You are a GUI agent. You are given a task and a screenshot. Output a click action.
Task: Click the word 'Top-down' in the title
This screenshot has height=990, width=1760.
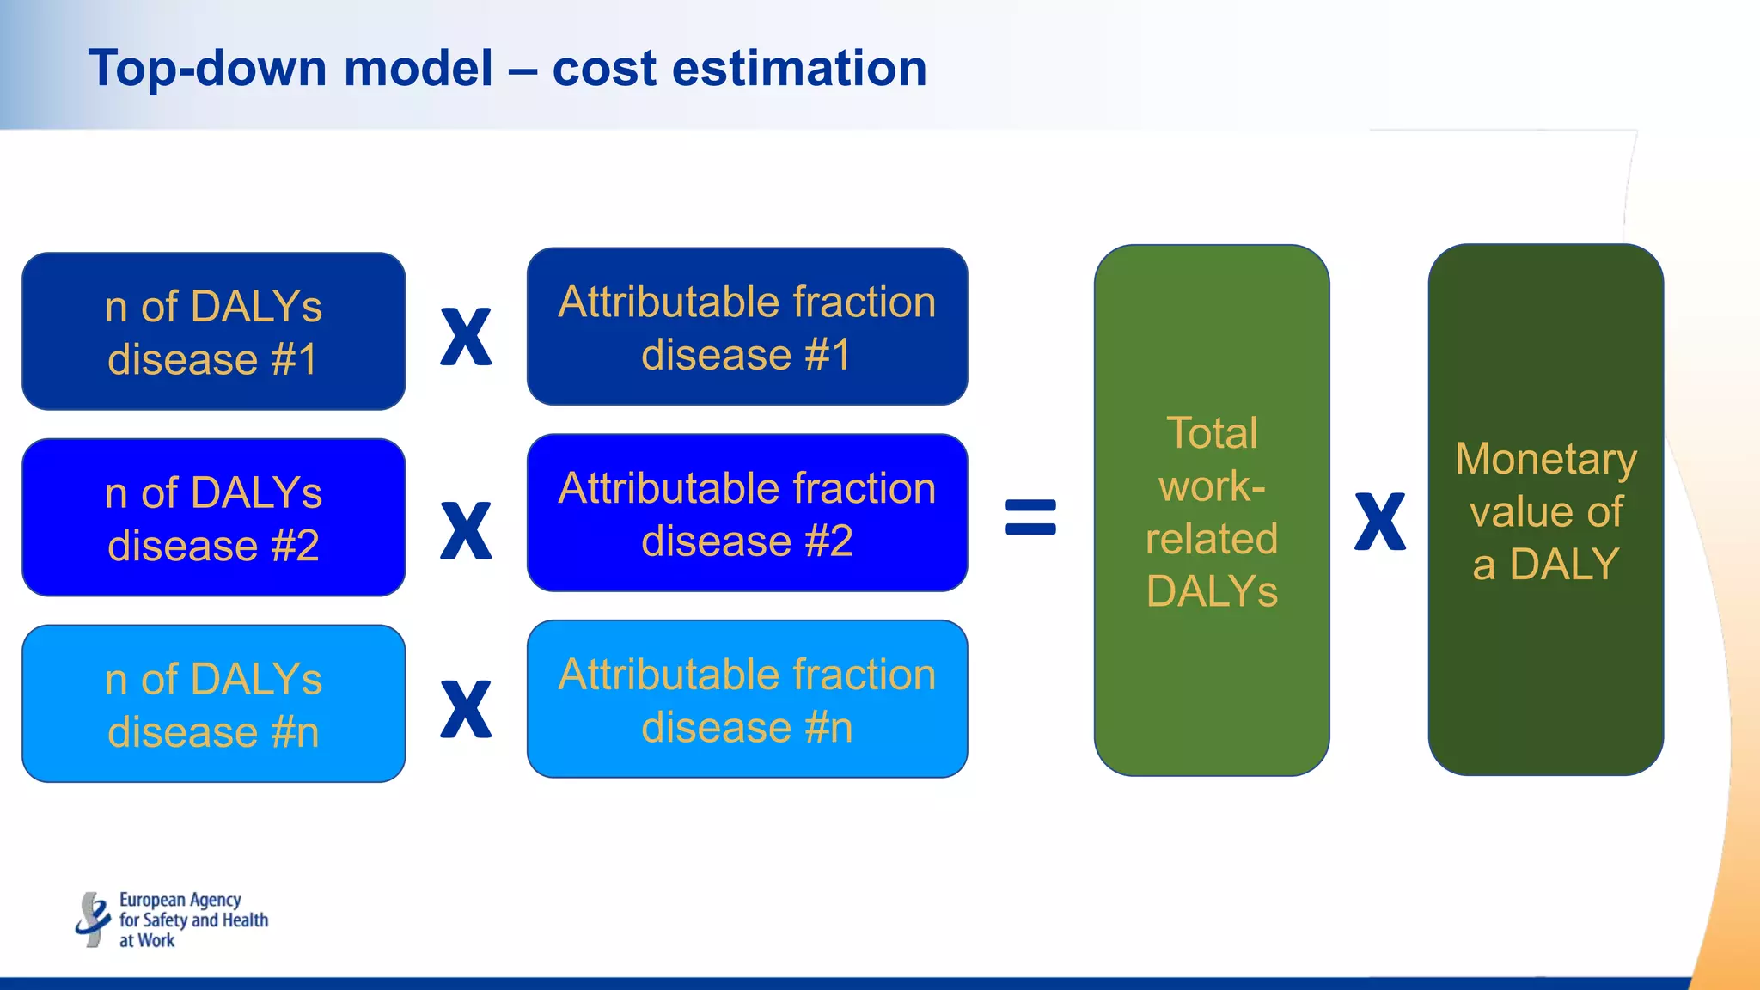(205, 69)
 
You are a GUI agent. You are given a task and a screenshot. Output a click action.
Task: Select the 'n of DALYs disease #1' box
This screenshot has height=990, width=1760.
(213, 331)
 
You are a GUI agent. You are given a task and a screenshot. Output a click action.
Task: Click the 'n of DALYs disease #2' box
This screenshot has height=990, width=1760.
(213, 517)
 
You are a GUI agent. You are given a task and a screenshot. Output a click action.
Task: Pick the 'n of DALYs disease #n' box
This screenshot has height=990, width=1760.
(213, 704)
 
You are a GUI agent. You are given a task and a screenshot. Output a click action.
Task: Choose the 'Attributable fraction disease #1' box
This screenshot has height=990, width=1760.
(747, 327)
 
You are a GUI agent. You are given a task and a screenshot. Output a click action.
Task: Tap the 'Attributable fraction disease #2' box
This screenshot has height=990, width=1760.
(747, 513)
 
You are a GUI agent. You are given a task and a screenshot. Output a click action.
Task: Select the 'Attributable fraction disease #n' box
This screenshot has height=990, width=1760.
(747, 700)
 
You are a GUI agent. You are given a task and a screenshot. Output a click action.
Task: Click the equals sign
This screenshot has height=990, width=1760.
(1030, 517)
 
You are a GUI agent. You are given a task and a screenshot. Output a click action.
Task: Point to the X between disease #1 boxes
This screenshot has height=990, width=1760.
(466, 337)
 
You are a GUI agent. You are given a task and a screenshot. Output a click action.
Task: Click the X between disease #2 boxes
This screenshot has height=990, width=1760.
(466, 531)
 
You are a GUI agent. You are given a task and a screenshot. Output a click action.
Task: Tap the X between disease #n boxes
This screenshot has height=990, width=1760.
(466, 710)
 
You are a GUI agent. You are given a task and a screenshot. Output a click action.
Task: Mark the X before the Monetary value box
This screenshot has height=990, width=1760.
(1379, 522)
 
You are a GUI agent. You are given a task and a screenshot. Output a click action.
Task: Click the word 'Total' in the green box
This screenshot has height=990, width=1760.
(1212, 433)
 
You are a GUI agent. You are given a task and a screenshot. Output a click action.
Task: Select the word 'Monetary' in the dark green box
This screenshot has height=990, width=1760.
(1545, 459)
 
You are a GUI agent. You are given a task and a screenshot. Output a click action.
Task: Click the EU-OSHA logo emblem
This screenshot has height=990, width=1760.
(92, 920)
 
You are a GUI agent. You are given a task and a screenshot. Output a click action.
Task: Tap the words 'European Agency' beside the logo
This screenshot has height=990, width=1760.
(180, 900)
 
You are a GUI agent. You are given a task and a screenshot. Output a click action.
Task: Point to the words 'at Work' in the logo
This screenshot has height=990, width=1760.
(147, 940)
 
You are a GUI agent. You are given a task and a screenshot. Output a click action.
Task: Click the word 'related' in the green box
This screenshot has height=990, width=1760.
(1212, 539)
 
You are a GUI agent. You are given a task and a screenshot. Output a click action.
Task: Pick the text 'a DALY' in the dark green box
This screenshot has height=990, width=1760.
(1545, 565)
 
